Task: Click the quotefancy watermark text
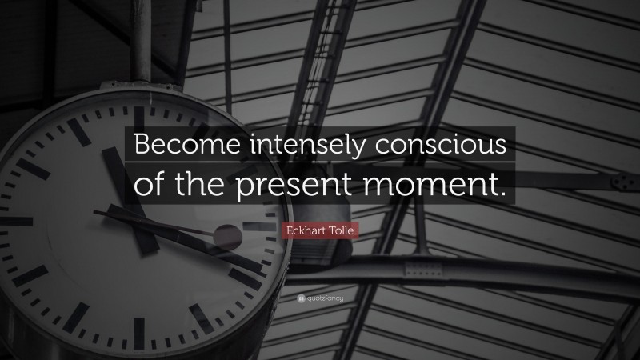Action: pyautogui.click(x=324, y=298)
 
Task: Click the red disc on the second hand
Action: pyautogui.click(x=228, y=235)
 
